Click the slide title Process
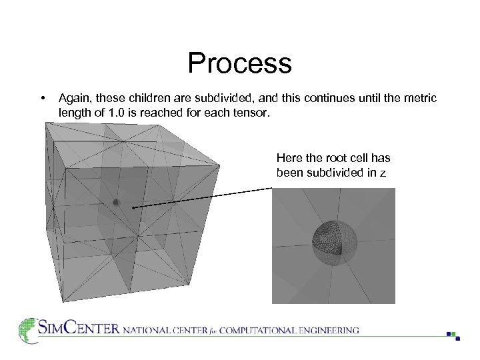point(239,63)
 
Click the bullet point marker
point(43,99)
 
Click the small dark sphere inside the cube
point(115,202)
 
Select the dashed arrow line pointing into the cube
point(200,198)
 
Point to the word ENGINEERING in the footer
point(328,330)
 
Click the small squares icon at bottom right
point(453,335)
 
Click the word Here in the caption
point(289,158)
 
